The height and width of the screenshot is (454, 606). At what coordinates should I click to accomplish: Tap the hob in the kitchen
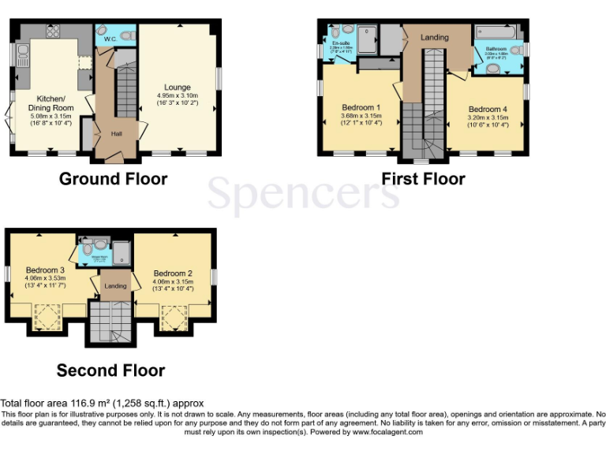tap(54, 32)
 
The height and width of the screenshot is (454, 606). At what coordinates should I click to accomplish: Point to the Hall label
tap(116, 133)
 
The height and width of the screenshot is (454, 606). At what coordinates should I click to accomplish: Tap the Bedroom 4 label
tap(488, 110)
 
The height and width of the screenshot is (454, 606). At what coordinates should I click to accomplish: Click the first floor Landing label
tap(434, 37)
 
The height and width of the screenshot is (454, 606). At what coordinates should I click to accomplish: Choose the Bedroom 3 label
tap(44, 269)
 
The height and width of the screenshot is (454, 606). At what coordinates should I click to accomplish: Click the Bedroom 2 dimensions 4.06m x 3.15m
tap(172, 281)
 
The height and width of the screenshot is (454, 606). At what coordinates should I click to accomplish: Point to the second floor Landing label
tap(116, 285)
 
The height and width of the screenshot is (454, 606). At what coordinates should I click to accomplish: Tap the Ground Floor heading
tap(113, 179)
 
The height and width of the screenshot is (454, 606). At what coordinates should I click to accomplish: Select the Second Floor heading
tap(110, 370)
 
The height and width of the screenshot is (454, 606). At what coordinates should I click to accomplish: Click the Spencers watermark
tap(303, 193)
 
